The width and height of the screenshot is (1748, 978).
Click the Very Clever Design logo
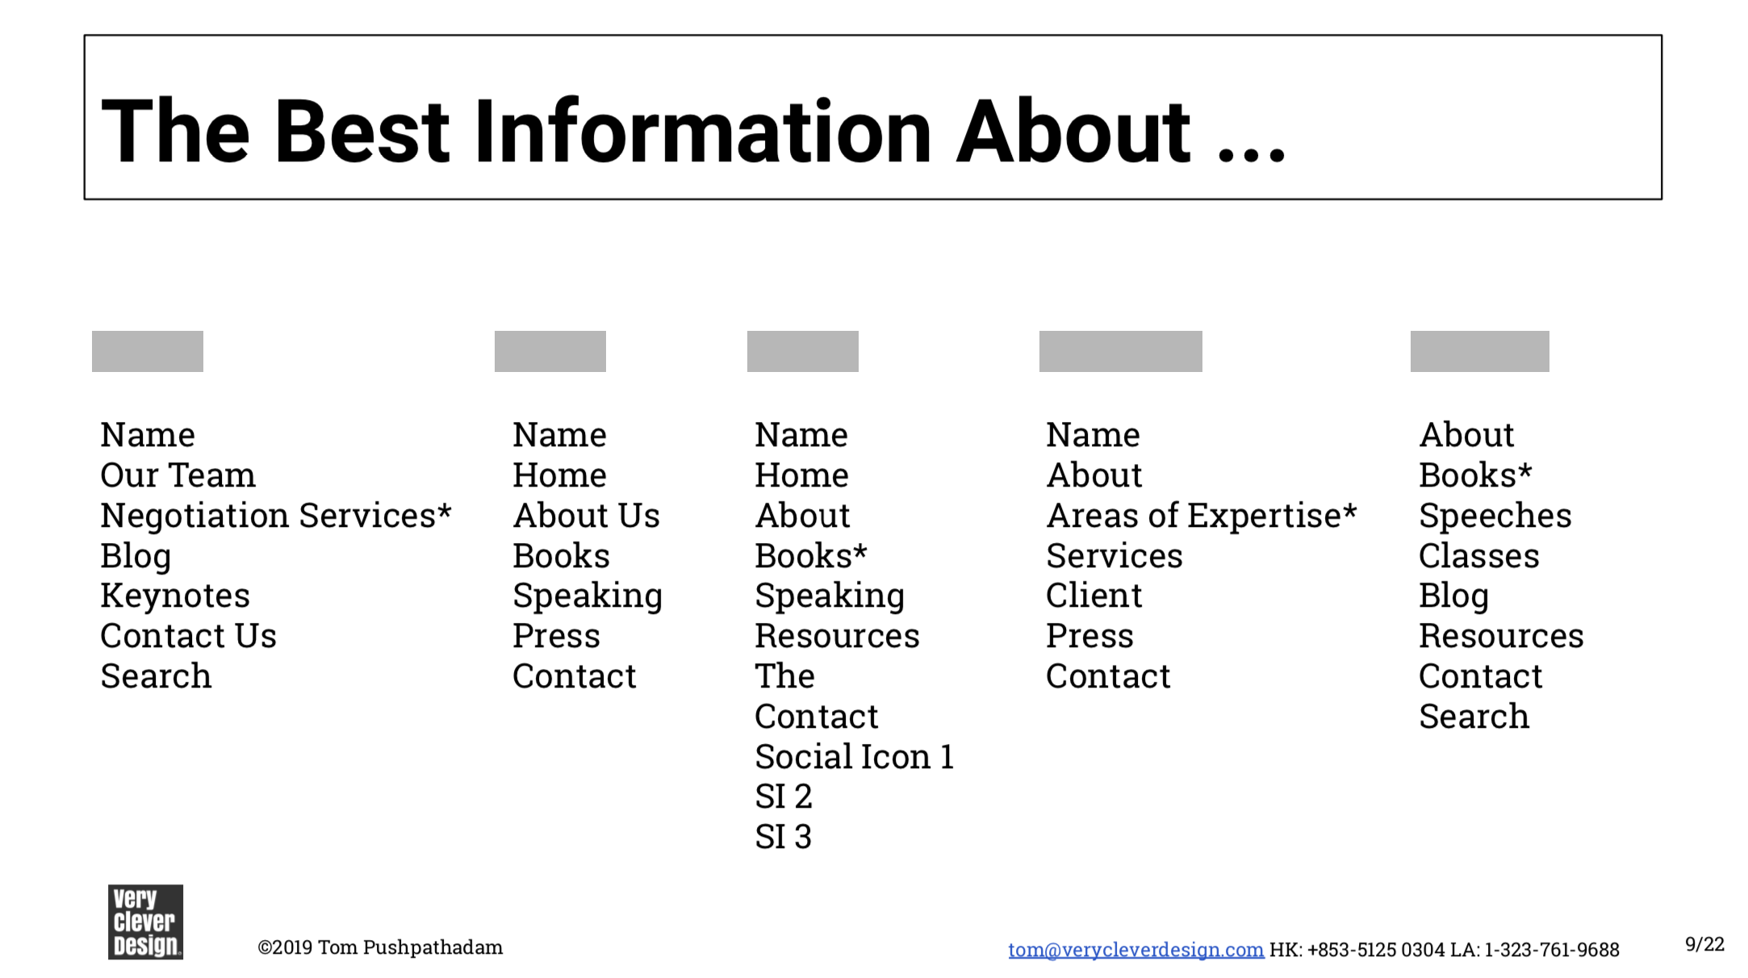point(145,922)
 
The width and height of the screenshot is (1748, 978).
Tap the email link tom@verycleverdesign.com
point(1135,950)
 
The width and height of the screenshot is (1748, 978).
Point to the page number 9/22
point(1704,944)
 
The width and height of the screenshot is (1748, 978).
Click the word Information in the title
point(703,132)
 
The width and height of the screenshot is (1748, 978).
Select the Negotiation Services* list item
point(276,516)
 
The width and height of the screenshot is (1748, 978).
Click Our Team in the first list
point(178,475)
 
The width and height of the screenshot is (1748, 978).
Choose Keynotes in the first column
point(175,596)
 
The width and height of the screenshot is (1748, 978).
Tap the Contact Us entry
point(188,637)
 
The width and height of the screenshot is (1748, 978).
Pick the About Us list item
point(587,516)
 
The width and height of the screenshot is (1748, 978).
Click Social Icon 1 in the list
point(855,757)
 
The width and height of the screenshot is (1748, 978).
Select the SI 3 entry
point(783,837)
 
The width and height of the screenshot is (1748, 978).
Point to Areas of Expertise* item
point(1202,516)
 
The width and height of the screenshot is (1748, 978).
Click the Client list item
point(1094,596)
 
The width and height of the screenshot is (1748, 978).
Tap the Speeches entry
point(1495,516)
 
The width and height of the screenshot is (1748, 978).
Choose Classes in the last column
point(1479,556)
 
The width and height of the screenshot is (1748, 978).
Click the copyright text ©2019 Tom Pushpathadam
point(380,947)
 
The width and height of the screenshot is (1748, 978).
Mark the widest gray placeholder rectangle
point(1121,351)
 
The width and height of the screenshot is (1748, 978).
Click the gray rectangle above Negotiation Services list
point(148,351)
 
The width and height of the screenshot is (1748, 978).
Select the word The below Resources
point(784,676)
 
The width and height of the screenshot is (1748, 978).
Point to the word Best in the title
point(362,132)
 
